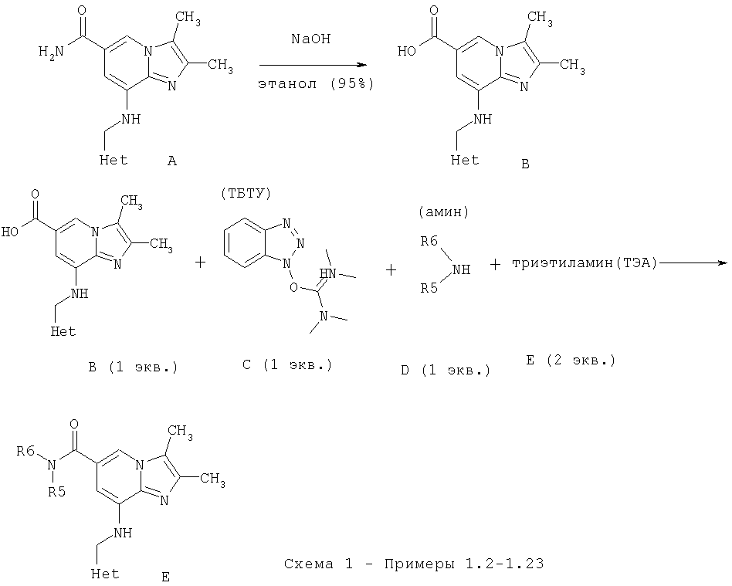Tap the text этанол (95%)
[x=315, y=84]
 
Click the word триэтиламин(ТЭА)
[x=583, y=263]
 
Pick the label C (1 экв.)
[x=286, y=365]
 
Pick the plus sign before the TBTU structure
[x=201, y=263]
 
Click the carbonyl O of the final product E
[x=74, y=424]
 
